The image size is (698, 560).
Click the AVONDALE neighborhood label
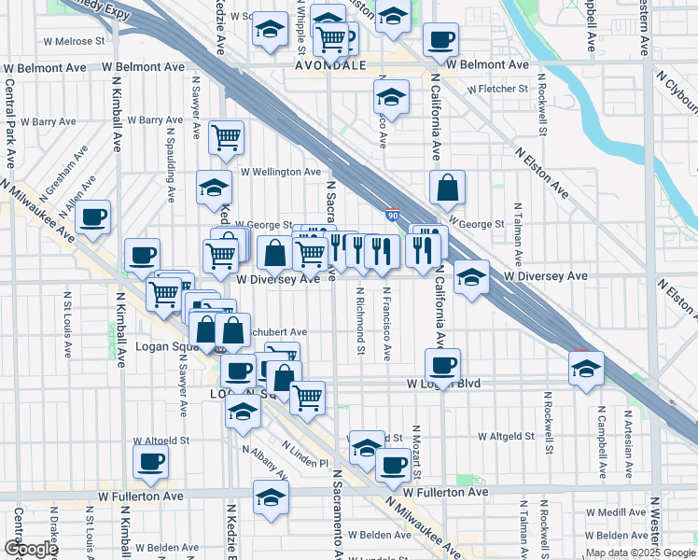point(328,67)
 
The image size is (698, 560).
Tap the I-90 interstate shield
point(393,217)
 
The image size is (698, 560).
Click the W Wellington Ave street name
point(281,172)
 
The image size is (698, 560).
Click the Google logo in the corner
point(31,549)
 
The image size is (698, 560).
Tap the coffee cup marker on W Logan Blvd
point(442,365)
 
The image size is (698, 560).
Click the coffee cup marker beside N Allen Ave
point(93,217)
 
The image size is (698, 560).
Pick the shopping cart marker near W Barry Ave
point(226,138)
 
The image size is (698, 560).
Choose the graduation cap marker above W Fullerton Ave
point(271,497)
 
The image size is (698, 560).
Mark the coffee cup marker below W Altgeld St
point(150,459)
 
